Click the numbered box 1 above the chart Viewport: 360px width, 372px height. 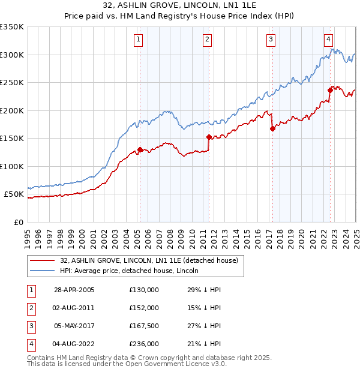point(139,40)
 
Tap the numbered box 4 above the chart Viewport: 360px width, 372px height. point(329,40)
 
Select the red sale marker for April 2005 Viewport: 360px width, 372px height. point(140,150)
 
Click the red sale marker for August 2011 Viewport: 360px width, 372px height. point(209,137)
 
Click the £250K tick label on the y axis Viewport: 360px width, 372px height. point(12,83)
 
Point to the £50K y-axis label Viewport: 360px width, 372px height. point(14,194)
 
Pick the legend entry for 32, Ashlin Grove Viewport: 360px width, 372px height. point(149,260)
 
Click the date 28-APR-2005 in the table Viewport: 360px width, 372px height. point(74,290)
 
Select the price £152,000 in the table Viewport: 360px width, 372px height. point(143,308)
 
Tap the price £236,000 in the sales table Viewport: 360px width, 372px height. point(143,344)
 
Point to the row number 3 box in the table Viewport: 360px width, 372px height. point(31,326)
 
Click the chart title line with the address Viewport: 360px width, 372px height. point(179,7)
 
